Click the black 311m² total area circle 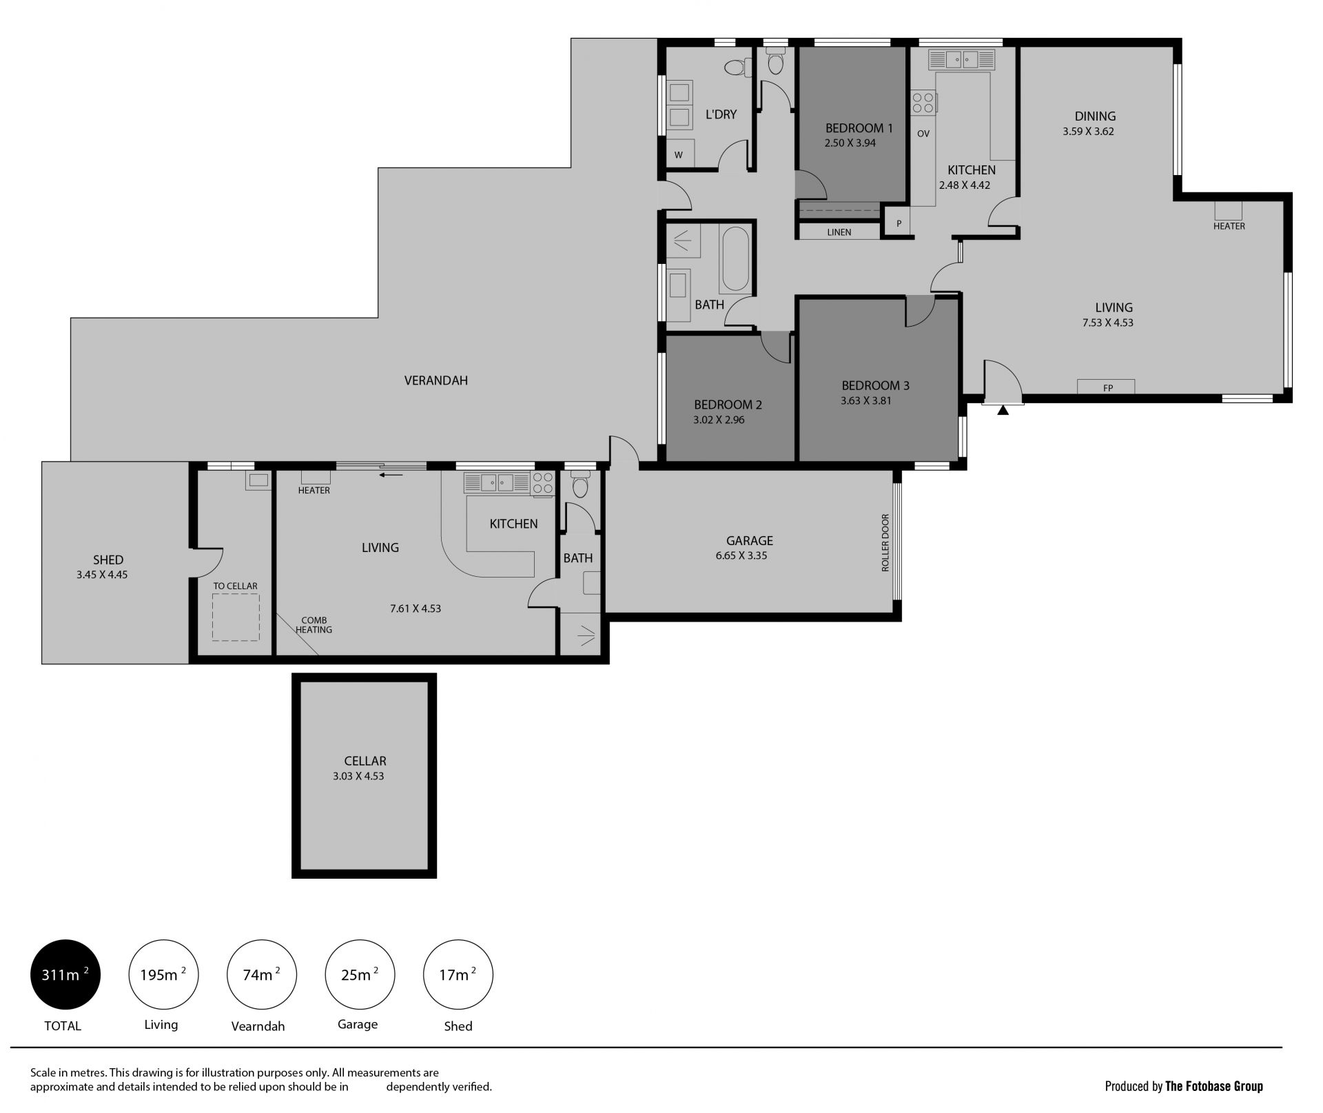click(65, 974)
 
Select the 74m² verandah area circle click(262, 974)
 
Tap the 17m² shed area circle click(458, 974)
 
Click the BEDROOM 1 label click(859, 128)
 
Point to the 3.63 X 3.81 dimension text click(866, 400)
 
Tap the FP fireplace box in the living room click(1106, 387)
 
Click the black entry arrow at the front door click(1003, 410)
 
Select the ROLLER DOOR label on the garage click(885, 542)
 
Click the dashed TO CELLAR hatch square click(236, 617)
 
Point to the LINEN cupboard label click(839, 232)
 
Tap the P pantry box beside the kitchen click(899, 223)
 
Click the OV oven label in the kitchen click(923, 134)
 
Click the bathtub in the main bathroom click(735, 258)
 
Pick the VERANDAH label click(435, 380)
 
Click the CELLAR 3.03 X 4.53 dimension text click(358, 776)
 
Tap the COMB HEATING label click(314, 625)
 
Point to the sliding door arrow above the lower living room click(391, 474)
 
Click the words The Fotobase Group click(1214, 1087)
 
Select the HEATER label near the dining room click(1229, 226)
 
